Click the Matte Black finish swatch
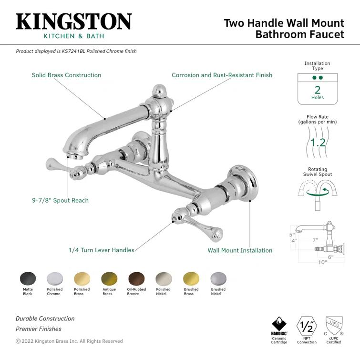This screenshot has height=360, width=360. click(x=27, y=278)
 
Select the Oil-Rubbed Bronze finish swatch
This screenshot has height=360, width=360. click(x=136, y=278)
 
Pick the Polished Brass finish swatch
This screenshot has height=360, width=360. click(x=82, y=278)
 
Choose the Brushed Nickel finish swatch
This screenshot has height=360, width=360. click(x=218, y=278)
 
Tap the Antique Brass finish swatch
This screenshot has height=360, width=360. click(x=109, y=278)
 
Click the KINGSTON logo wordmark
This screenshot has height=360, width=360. click(x=74, y=22)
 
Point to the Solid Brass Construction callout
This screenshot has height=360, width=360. click(x=66, y=75)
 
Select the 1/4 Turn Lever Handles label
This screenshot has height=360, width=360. click(x=101, y=250)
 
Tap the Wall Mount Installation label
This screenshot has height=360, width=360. click(x=240, y=250)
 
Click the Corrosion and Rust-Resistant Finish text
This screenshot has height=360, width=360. click(x=222, y=75)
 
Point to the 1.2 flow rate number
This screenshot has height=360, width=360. click(x=318, y=142)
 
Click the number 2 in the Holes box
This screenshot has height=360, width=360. click(x=318, y=90)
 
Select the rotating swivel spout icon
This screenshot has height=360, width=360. click(x=317, y=193)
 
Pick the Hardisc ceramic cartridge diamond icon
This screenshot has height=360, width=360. click(x=279, y=324)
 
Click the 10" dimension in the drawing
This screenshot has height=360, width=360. click(x=323, y=262)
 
